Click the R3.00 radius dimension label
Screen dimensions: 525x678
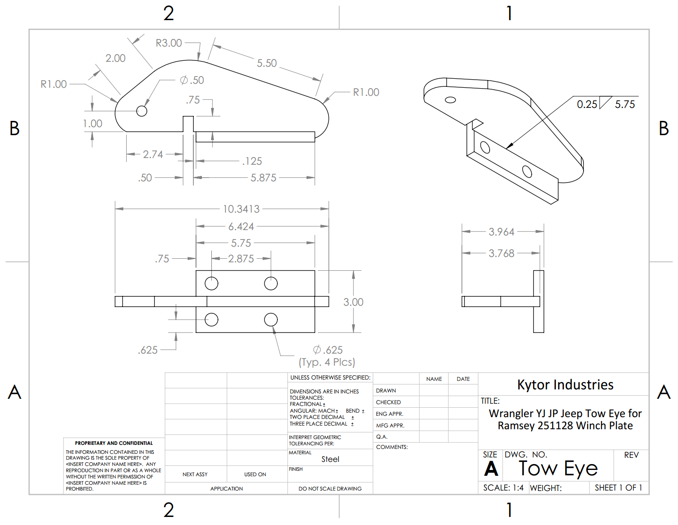pos(169,43)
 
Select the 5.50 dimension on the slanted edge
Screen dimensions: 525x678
pos(267,63)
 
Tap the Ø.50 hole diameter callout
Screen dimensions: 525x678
pos(192,80)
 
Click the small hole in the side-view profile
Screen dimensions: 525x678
pos(141,111)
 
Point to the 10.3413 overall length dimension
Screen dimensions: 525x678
pos(241,209)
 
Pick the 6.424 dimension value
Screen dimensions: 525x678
pos(241,226)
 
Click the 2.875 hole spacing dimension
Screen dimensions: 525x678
pos(241,259)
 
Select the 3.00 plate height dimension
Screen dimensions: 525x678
pos(353,302)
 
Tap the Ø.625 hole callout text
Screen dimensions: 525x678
pos(328,350)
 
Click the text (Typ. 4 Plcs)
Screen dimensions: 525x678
pos(327,362)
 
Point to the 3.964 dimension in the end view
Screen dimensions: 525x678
pos(501,232)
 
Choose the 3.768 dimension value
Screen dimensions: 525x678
pos(501,253)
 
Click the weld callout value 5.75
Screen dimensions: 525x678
pos(625,104)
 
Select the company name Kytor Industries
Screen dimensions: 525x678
pos(565,385)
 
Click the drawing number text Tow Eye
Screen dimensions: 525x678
pos(558,469)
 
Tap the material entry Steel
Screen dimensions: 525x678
pos(330,459)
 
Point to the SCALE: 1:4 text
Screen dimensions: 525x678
pos(503,488)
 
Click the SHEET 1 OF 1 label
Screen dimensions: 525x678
pos(618,488)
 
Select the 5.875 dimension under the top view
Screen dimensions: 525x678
pos(263,178)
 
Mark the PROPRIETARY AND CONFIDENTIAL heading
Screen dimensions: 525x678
pos(114,443)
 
